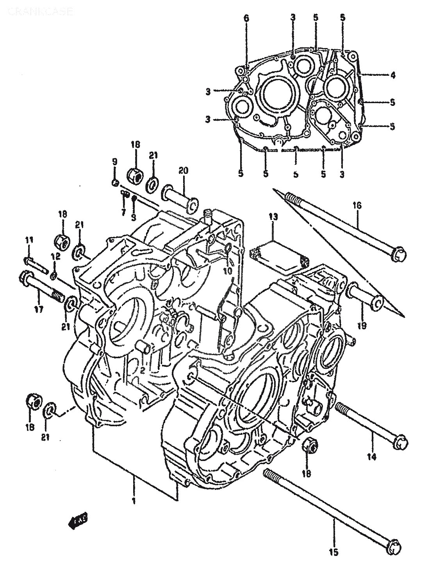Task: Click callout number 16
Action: tap(358, 205)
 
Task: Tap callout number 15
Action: tap(335, 552)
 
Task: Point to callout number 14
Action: tap(371, 456)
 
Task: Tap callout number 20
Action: tap(183, 170)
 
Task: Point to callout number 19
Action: tap(362, 325)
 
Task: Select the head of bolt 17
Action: tap(25, 278)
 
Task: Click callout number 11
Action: tap(29, 239)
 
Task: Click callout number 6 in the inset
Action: tap(246, 18)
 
